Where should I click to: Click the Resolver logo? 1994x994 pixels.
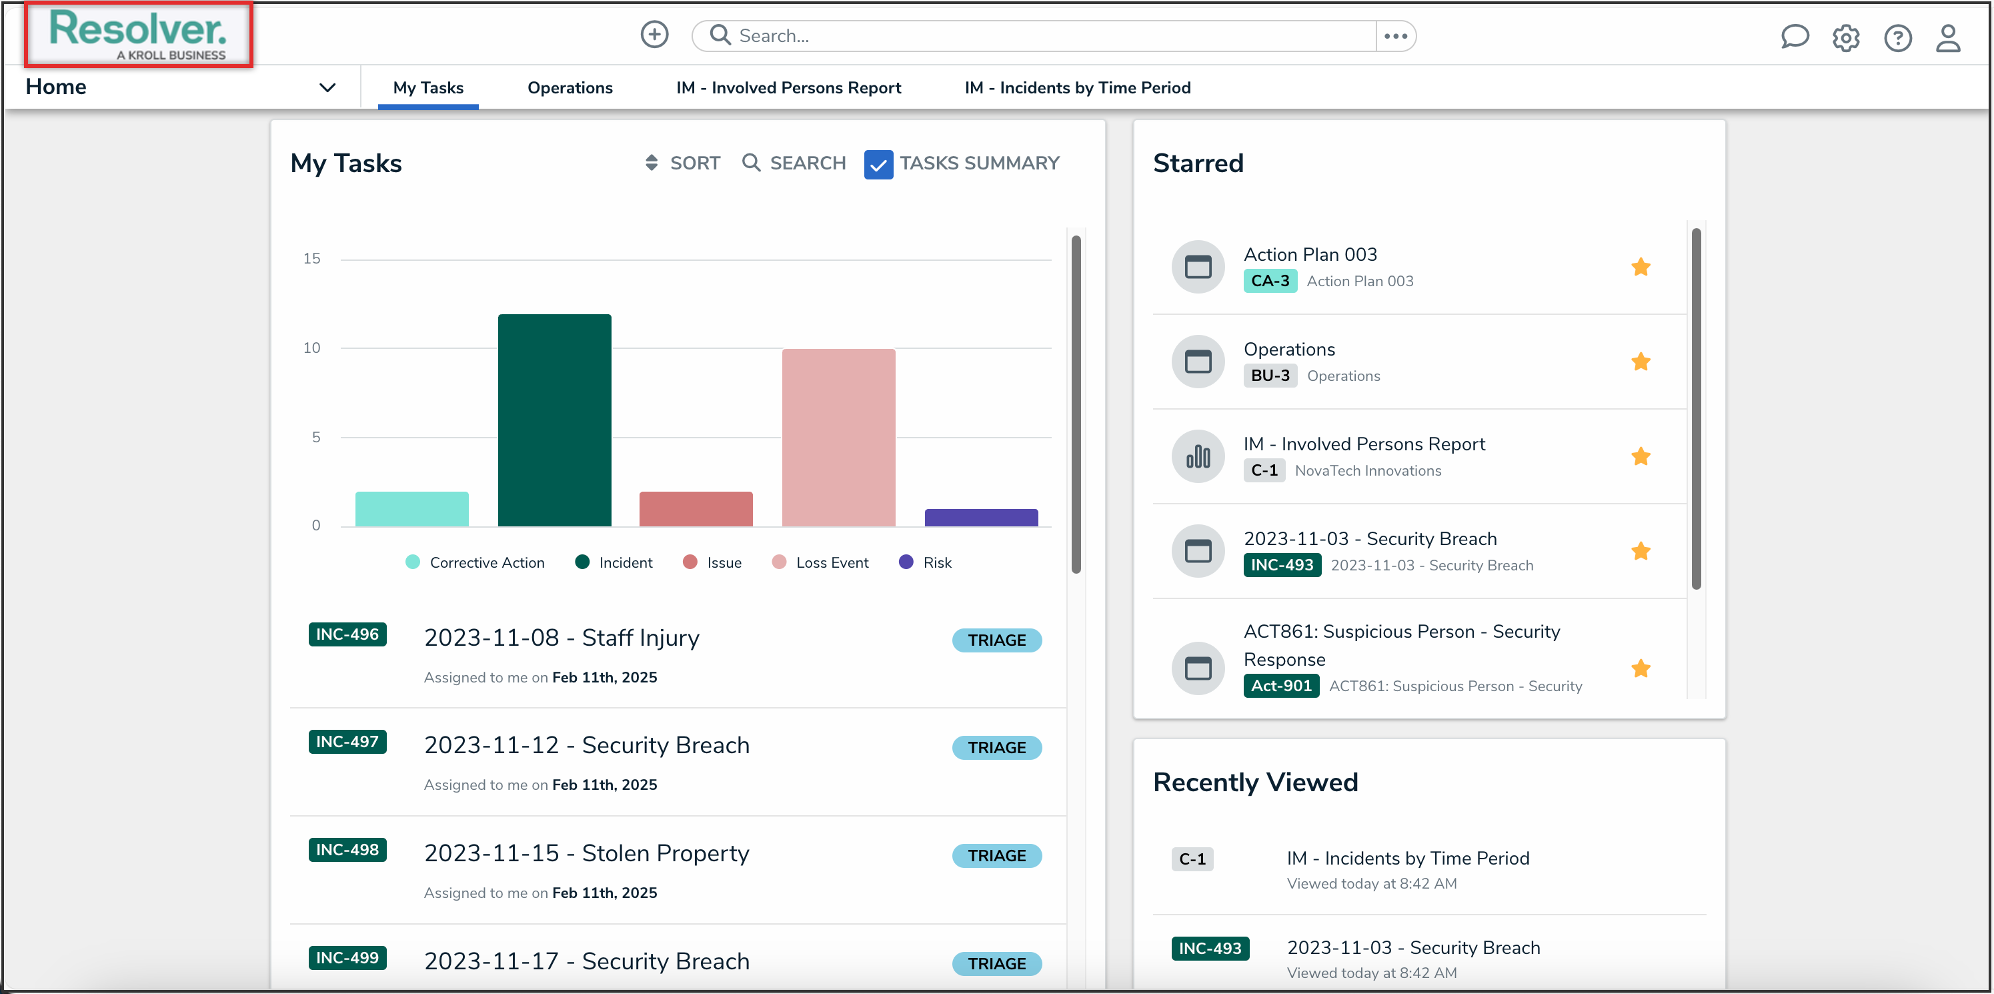(x=138, y=34)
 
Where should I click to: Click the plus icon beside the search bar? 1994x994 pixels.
(x=654, y=35)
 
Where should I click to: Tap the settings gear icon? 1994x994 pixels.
(x=1845, y=38)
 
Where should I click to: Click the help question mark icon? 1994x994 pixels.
(x=1897, y=38)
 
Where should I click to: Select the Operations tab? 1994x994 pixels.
(x=570, y=87)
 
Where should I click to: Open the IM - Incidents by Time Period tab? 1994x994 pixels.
(x=1077, y=87)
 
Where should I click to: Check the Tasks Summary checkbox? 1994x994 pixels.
(x=878, y=164)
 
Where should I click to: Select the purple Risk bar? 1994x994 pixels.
(x=981, y=517)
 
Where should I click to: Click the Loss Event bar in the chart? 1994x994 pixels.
(x=838, y=438)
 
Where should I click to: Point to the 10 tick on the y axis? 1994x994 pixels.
(x=311, y=348)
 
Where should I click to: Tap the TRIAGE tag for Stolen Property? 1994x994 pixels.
(x=996, y=855)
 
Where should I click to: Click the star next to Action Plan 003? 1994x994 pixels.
(x=1641, y=267)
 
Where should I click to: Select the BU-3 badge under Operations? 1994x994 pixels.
(x=1270, y=376)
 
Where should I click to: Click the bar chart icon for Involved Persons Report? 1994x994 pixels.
(x=1198, y=457)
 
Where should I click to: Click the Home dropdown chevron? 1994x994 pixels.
(x=327, y=87)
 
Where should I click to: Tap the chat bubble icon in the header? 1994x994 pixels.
(x=1795, y=37)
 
